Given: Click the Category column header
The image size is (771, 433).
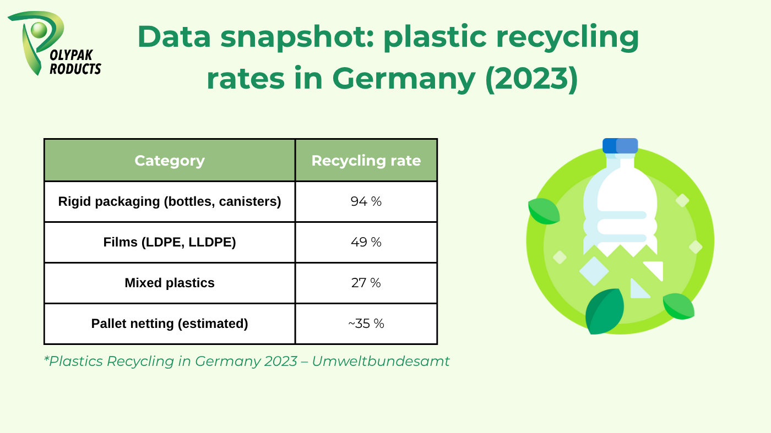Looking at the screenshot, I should [170, 161].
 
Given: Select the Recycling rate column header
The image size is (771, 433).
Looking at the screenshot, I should [366, 161].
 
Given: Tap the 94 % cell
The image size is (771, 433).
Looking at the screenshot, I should [366, 201].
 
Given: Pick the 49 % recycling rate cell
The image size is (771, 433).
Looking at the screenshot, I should [366, 242].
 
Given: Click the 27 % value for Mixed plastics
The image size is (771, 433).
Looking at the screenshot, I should [366, 283].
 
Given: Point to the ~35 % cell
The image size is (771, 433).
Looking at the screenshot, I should [366, 324].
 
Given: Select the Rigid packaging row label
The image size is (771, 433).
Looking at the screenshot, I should [170, 201].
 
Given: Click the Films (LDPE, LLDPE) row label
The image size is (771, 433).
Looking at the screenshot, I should [170, 242].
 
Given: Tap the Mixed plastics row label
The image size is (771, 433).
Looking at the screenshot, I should [170, 283].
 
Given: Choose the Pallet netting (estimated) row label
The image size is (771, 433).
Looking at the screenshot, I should [170, 324].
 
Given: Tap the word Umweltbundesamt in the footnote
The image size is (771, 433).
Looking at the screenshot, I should [381, 361].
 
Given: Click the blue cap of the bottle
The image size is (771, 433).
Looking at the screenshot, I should [620, 146].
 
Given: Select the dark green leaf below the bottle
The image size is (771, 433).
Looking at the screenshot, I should [604, 311].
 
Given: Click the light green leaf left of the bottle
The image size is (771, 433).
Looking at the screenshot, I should [544, 211].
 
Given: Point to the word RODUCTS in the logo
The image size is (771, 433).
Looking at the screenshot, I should [75, 69].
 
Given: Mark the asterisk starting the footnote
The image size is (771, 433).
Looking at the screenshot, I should [46, 359].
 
